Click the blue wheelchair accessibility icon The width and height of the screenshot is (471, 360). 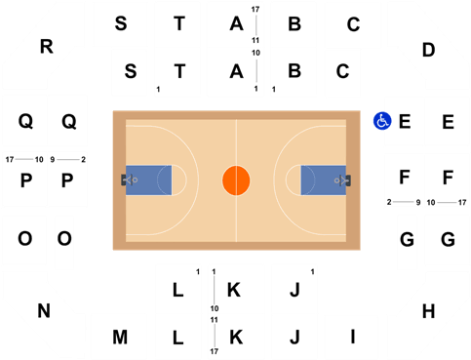pyautogui.click(x=382, y=121)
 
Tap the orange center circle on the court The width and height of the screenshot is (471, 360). pyautogui.click(x=236, y=180)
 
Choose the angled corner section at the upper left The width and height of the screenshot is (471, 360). pyautogui.click(x=39, y=44)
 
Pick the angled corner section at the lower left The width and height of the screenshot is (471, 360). pyautogui.click(x=39, y=312)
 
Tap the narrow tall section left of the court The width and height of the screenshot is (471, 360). pyautogui.click(x=64, y=243)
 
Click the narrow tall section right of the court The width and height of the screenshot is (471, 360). pyautogui.click(x=407, y=243)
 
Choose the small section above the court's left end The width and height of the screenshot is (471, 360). pyautogui.click(x=129, y=72)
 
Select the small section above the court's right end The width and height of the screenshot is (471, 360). pyautogui.click(x=342, y=73)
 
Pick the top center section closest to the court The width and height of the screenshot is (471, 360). pyautogui.click(x=235, y=72)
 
